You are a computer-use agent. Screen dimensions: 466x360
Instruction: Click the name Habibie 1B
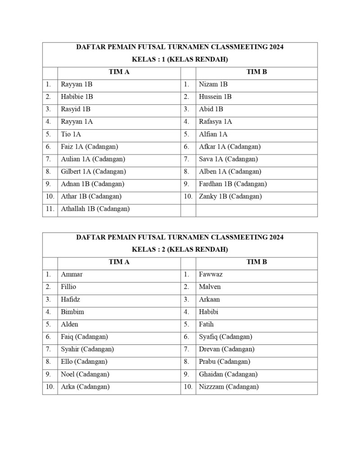[77, 97]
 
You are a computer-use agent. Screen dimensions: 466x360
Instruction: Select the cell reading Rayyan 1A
[77, 122]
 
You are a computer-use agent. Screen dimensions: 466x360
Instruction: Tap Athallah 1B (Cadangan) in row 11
[95, 209]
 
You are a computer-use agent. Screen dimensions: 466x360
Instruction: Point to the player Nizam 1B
[213, 84]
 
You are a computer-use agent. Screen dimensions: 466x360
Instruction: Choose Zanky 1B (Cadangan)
[230, 196]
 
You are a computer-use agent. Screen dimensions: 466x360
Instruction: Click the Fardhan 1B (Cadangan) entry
[233, 184]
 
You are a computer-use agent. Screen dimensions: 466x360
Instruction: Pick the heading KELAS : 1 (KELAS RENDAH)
[180, 59]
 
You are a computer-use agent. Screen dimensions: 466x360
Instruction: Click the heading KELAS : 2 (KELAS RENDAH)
[180, 249]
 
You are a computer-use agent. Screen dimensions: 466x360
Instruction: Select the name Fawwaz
[211, 274]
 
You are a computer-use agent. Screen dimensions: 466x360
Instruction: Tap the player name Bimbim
[72, 312]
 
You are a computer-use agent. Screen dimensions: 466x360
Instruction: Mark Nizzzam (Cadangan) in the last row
[229, 387]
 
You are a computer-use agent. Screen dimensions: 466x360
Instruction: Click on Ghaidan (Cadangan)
[228, 374]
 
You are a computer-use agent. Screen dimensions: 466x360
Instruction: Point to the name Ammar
[72, 274]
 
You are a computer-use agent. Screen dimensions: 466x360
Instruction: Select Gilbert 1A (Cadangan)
[93, 172]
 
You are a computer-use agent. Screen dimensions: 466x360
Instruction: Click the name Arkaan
[209, 299]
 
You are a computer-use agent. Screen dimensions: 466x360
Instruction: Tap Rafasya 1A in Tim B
[216, 122]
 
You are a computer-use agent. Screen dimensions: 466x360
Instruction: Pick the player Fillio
[68, 287]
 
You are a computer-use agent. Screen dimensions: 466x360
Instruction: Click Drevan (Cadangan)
[226, 349]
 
